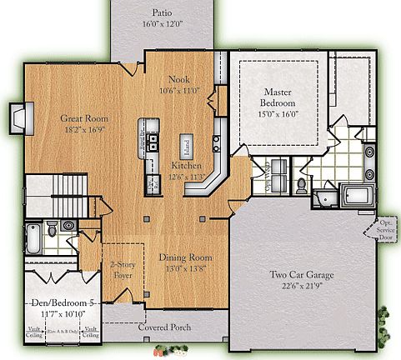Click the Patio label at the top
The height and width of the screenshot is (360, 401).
(163, 12)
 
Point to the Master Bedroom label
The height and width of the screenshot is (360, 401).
(281, 97)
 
